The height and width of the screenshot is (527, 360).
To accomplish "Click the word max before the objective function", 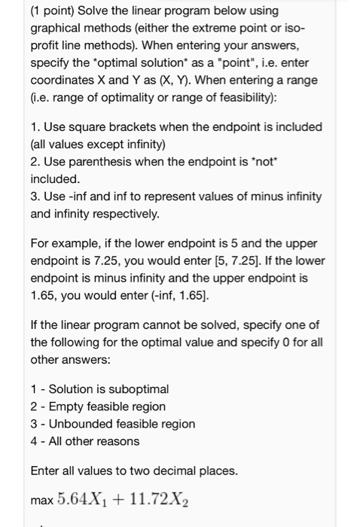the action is click(x=42, y=500).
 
